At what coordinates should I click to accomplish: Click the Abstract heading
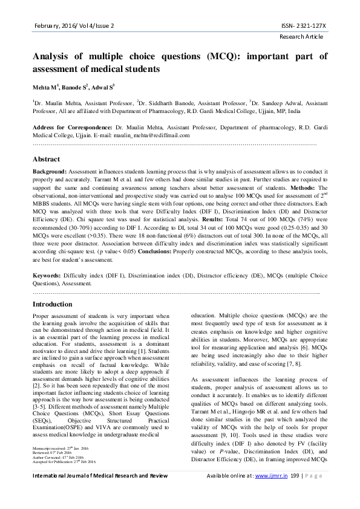point(46,160)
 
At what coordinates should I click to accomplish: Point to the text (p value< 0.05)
point(125,251)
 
